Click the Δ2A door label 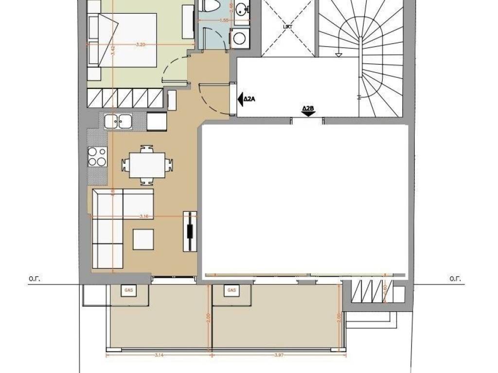point(250,99)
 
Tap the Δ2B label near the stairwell point(308,108)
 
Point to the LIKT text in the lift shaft point(288,26)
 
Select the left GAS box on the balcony point(129,290)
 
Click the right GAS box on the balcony point(231,290)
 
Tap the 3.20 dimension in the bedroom point(141,45)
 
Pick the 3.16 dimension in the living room point(144,216)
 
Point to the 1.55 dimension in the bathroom point(224,20)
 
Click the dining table point(147,165)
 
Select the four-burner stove point(97,156)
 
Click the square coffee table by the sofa point(144,239)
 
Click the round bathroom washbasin point(241,9)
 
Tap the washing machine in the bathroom point(240,39)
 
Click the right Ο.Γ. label point(455,279)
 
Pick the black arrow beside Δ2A point(240,99)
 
